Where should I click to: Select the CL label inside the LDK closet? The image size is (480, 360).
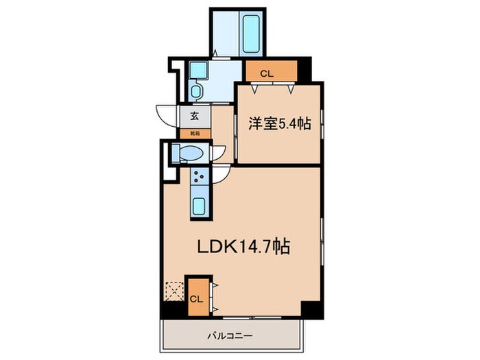point(196,299)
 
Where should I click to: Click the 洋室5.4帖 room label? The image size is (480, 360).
point(280,124)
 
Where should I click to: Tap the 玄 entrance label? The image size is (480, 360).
point(194,116)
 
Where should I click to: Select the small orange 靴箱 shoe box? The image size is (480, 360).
point(194,133)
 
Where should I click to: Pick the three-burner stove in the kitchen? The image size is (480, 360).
point(200,176)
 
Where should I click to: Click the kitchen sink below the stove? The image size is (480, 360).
point(200,205)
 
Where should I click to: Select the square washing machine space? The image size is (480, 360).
point(197,70)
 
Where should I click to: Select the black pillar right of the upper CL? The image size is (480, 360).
point(303,69)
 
